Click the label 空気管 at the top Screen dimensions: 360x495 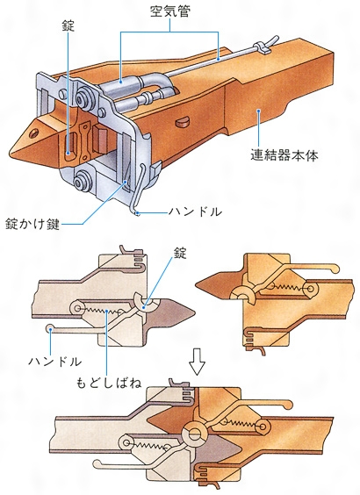[170, 11]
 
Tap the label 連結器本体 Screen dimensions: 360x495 [284, 155]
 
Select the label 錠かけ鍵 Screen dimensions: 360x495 [32, 224]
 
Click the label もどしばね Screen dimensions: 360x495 [109, 383]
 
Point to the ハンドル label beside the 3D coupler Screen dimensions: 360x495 [195, 212]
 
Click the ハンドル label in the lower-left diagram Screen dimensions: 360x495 [55, 361]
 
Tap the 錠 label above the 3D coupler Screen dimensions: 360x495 [68, 25]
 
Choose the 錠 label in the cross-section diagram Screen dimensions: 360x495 [180, 253]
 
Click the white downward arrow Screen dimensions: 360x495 [197, 361]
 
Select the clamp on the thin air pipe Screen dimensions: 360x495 [263, 47]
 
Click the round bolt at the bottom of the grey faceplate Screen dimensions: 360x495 [82, 182]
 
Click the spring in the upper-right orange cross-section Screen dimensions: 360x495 [287, 287]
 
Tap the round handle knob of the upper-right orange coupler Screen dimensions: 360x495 [335, 269]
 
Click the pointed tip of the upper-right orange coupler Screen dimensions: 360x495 [197, 285]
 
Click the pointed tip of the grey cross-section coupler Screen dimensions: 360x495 [193, 312]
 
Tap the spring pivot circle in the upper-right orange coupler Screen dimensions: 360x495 [311, 289]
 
